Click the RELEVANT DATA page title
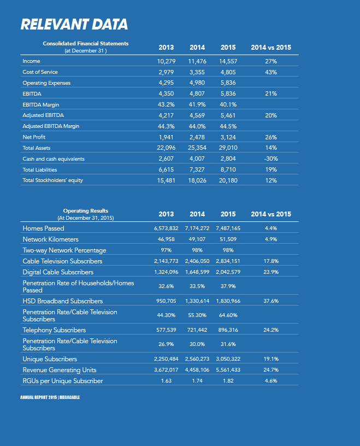74,24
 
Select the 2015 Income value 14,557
228,61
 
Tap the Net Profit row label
34,137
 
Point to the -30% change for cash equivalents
271,159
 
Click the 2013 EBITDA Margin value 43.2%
166,104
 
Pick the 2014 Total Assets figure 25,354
197,148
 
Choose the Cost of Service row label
40,72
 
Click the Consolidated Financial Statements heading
86,44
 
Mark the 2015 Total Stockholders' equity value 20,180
228,180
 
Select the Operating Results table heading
86,211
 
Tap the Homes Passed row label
44,228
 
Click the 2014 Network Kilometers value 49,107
197,239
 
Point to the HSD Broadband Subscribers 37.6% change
271,301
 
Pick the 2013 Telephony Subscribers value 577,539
166,330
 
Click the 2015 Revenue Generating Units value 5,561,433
228,370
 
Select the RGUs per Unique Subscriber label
63,381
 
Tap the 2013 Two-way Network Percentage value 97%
166,250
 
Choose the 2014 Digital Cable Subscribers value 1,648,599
197,272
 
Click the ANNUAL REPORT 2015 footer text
39,397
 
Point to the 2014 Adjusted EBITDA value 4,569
197,115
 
